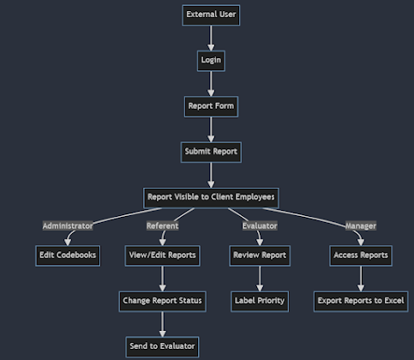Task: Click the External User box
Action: click(211, 15)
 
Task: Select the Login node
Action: click(211, 60)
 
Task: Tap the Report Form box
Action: click(211, 106)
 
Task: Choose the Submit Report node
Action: click(211, 152)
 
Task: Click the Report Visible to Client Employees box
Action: click(211, 197)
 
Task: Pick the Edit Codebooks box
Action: click(68, 255)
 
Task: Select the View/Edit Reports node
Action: click(162, 255)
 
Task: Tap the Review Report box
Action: click(260, 255)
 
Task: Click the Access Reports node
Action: click(360, 255)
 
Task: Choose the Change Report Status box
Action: click(162, 301)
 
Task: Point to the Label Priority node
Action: click(260, 301)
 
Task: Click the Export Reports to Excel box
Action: click(360, 301)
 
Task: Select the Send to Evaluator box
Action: click(162, 346)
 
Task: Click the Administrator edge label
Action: click(68, 225)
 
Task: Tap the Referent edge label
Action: click(162, 225)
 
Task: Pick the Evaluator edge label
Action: click(259, 225)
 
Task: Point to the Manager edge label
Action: click(360, 225)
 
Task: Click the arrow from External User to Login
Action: click(211, 37)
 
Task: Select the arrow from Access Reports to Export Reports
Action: click(360, 278)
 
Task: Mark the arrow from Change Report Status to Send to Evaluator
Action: click(162, 323)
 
